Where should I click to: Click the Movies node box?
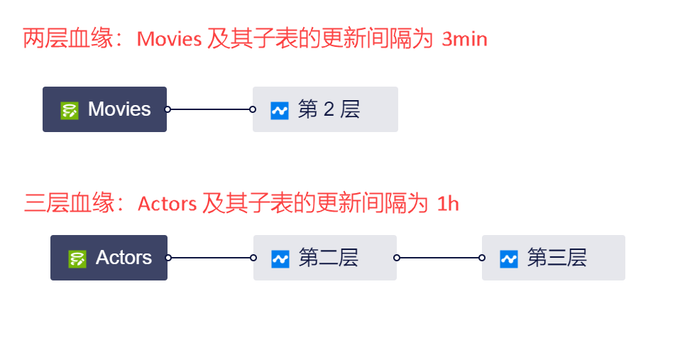tap(104, 109)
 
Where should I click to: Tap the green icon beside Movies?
tap(70, 110)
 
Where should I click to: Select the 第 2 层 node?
tap(325, 109)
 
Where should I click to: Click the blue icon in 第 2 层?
tap(280, 110)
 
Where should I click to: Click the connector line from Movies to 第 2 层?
tap(210, 109)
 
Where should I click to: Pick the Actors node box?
tap(109, 258)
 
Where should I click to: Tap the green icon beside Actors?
tap(77, 258)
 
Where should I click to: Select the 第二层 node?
tap(325, 258)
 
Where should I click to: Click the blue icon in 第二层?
tap(280, 258)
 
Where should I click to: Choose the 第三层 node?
tap(554, 258)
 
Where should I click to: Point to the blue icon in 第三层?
tap(509, 258)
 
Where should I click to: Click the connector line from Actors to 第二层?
tap(211, 258)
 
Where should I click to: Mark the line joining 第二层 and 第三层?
tap(439, 258)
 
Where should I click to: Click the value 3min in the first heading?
tap(464, 39)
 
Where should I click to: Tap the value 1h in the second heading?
tap(448, 204)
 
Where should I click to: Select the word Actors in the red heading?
tap(167, 204)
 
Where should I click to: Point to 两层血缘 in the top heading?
tap(68, 39)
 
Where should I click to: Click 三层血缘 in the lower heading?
tap(69, 204)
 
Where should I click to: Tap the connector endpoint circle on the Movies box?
tap(168, 109)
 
